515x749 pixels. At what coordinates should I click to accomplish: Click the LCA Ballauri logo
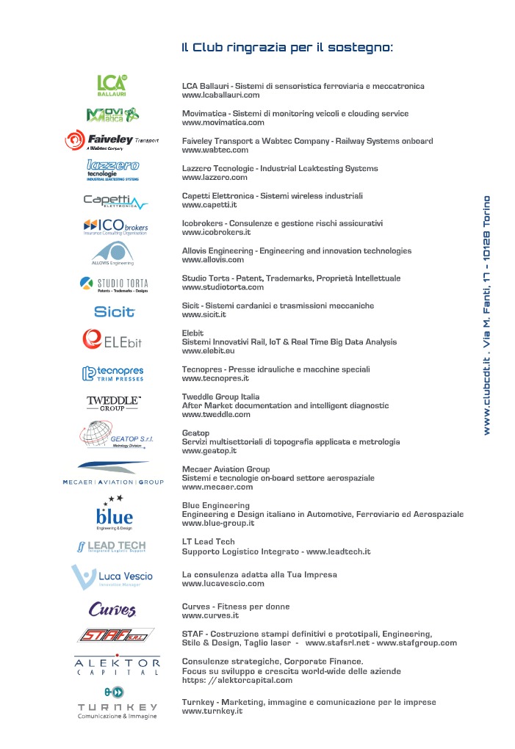(x=113, y=86)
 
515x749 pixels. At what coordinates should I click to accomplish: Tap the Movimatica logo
(x=112, y=115)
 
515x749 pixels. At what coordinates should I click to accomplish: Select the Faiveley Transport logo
(x=112, y=140)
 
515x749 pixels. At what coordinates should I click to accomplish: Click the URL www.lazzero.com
(x=215, y=178)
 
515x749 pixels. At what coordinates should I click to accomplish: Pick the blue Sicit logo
(x=115, y=311)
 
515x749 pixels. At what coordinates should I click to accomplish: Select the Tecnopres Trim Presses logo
(x=113, y=374)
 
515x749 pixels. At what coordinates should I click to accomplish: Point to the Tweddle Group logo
(x=113, y=402)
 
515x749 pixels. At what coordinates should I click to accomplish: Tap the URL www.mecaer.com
(x=217, y=487)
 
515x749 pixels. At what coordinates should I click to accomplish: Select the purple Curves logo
(x=112, y=609)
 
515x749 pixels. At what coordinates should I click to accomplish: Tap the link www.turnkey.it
(x=212, y=712)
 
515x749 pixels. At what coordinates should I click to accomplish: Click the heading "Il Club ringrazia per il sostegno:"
(x=287, y=48)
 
